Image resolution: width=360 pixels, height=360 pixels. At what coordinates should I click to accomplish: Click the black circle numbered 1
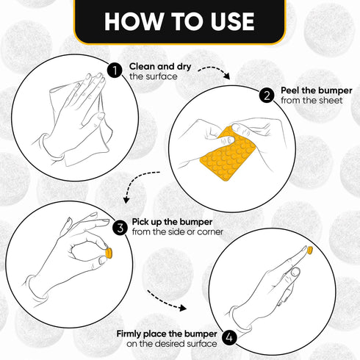point(115,71)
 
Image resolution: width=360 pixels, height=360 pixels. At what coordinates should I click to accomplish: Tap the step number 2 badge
point(267,96)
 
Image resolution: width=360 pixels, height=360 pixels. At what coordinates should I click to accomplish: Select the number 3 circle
point(120,228)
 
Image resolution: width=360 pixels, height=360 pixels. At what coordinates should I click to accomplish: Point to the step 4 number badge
point(229,338)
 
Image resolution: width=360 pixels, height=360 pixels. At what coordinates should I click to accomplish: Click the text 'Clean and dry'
point(160,67)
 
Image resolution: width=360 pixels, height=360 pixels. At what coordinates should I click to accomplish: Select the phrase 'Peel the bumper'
point(317,90)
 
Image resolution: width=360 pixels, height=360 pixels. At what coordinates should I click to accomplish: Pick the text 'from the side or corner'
point(178,231)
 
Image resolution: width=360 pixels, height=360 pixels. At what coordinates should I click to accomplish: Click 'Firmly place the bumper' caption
point(167,334)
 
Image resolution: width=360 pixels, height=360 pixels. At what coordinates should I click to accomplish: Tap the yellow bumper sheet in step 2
point(228,154)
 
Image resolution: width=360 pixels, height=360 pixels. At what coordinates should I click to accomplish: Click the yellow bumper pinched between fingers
point(109,253)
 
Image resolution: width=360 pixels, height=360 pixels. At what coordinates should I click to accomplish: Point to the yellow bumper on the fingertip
point(309,250)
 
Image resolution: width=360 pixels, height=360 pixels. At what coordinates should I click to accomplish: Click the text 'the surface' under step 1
point(154,76)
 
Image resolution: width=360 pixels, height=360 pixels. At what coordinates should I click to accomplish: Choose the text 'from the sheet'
point(312,101)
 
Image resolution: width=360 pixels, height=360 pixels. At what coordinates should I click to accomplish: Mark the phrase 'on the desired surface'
point(172,344)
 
